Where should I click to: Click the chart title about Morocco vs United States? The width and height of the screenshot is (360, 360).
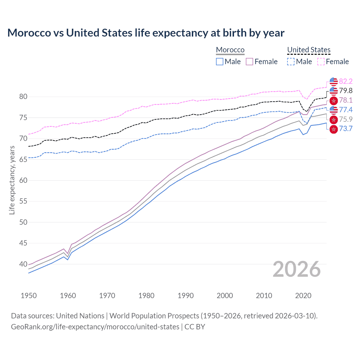tap(146, 33)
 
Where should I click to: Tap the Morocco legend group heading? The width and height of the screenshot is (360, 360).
tap(230, 50)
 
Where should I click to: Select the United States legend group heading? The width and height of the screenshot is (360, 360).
tap(309, 50)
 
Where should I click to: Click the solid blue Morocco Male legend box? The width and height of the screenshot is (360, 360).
tap(220, 62)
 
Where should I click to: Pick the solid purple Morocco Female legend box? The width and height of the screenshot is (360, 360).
tap(249, 62)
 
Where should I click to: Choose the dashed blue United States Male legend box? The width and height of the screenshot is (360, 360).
tap(291, 62)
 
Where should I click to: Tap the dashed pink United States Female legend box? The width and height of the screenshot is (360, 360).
tap(321, 62)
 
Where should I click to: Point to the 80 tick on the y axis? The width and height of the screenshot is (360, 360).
tap(23, 97)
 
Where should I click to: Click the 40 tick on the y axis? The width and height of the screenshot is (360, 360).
tap(23, 264)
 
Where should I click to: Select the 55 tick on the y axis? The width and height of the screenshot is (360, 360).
tap(23, 201)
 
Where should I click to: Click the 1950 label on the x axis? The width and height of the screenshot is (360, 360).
tap(29, 296)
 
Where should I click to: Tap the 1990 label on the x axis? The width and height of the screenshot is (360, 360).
tap(186, 296)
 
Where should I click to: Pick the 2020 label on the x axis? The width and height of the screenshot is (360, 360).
tap(303, 296)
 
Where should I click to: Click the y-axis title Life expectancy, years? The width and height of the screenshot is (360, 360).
tap(12, 180)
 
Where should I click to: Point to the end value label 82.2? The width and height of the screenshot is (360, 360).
tap(346, 81)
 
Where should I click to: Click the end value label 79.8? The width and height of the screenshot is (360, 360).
tap(346, 91)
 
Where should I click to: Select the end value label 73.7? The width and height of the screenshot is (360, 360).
tap(346, 129)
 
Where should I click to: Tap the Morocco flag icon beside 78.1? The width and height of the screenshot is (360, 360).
tap(334, 100)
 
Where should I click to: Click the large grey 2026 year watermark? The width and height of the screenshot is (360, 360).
tap(297, 269)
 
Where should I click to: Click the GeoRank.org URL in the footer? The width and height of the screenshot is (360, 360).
tap(95, 327)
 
